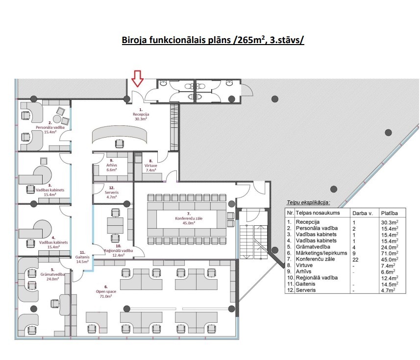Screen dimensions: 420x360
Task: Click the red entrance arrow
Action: [138, 78]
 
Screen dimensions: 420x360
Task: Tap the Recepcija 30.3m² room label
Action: [141, 114]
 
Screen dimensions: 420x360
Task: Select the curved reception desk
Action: [120, 135]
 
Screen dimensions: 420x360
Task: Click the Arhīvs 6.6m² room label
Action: [112, 165]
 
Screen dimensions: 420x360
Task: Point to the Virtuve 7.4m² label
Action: [151, 166]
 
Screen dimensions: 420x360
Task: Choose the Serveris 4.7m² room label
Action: [112, 192]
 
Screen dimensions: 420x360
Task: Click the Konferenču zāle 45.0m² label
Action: [189, 218]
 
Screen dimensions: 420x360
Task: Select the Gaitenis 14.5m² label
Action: [82, 257]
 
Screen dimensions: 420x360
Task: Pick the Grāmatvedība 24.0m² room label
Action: [52, 274]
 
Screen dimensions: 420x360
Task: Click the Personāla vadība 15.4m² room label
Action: [50, 127]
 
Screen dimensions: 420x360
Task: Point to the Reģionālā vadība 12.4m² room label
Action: [119, 250]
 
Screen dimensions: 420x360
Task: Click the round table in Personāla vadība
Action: [57, 119]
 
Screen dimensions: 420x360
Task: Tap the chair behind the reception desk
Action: [120, 144]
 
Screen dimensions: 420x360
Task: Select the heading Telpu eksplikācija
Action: [308, 203]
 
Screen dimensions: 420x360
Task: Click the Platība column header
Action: [390, 214]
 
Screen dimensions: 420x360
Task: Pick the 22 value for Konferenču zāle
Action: [355, 260]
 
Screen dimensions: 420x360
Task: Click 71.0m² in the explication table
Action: [390, 253]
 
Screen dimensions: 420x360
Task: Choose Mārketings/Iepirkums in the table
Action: [321, 253]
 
